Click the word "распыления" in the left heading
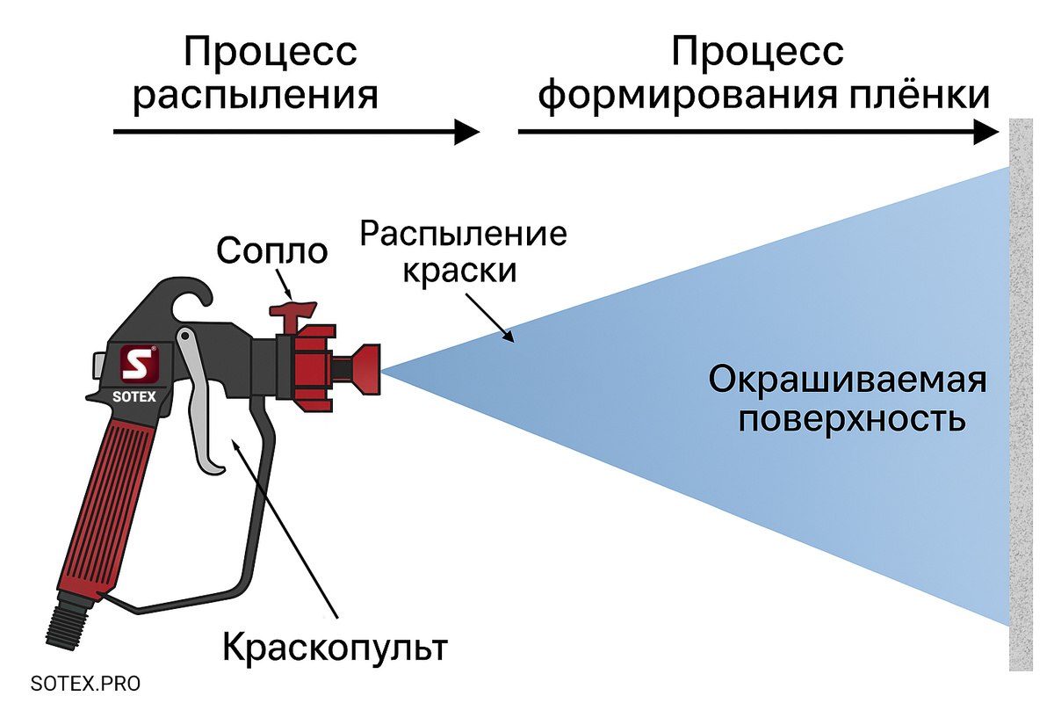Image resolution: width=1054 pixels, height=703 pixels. pyautogui.click(x=255, y=96)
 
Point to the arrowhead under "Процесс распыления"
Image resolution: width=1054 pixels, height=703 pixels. pyautogui.click(x=466, y=133)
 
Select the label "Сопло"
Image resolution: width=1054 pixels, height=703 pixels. pyautogui.click(x=271, y=251)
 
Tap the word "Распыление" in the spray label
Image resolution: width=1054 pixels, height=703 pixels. pyautogui.click(x=464, y=236)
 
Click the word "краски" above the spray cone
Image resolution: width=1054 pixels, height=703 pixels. pyautogui.click(x=458, y=271)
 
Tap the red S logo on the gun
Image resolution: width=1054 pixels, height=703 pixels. pyautogui.click(x=137, y=364)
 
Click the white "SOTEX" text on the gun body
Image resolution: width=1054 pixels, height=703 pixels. pyautogui.click(x=134, y=395)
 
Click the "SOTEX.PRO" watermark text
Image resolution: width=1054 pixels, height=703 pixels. pyautogui.click(x=84, y=683)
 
